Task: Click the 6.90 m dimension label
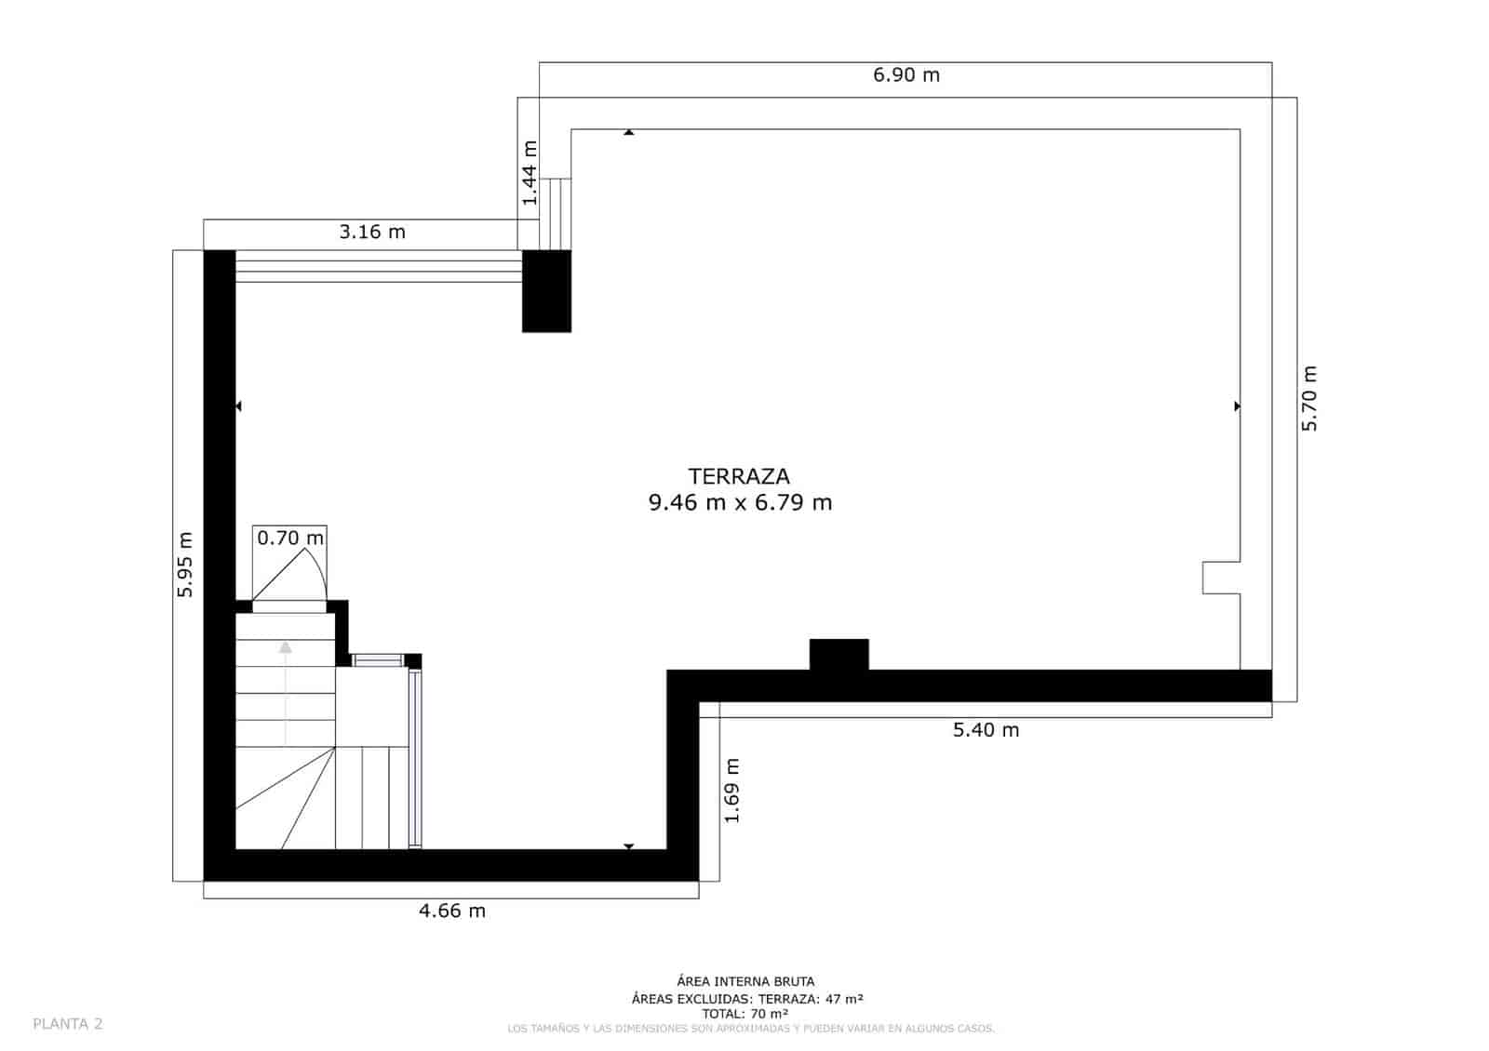[905, 75]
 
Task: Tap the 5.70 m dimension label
[1309, 398]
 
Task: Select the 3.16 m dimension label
[372, 232]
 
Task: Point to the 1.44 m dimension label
[530, 173]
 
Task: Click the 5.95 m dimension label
[184, 564]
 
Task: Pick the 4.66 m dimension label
[452, 911]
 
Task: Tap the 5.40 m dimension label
[986, 730]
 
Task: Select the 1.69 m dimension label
[732, 790]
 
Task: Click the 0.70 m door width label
[290, 538]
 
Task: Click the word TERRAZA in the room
[739, 476]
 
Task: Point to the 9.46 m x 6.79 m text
[740, 503]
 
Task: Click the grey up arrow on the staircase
[286, 646]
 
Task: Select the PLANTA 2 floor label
[68, 1024]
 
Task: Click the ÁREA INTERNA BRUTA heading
[745, 981]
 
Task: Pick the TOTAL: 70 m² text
[745, 1014]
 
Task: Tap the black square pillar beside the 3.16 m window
[546, 291]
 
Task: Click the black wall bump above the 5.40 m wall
[838, 654]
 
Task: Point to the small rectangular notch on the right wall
[1220, 578]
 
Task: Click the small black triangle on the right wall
[1237, 406]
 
